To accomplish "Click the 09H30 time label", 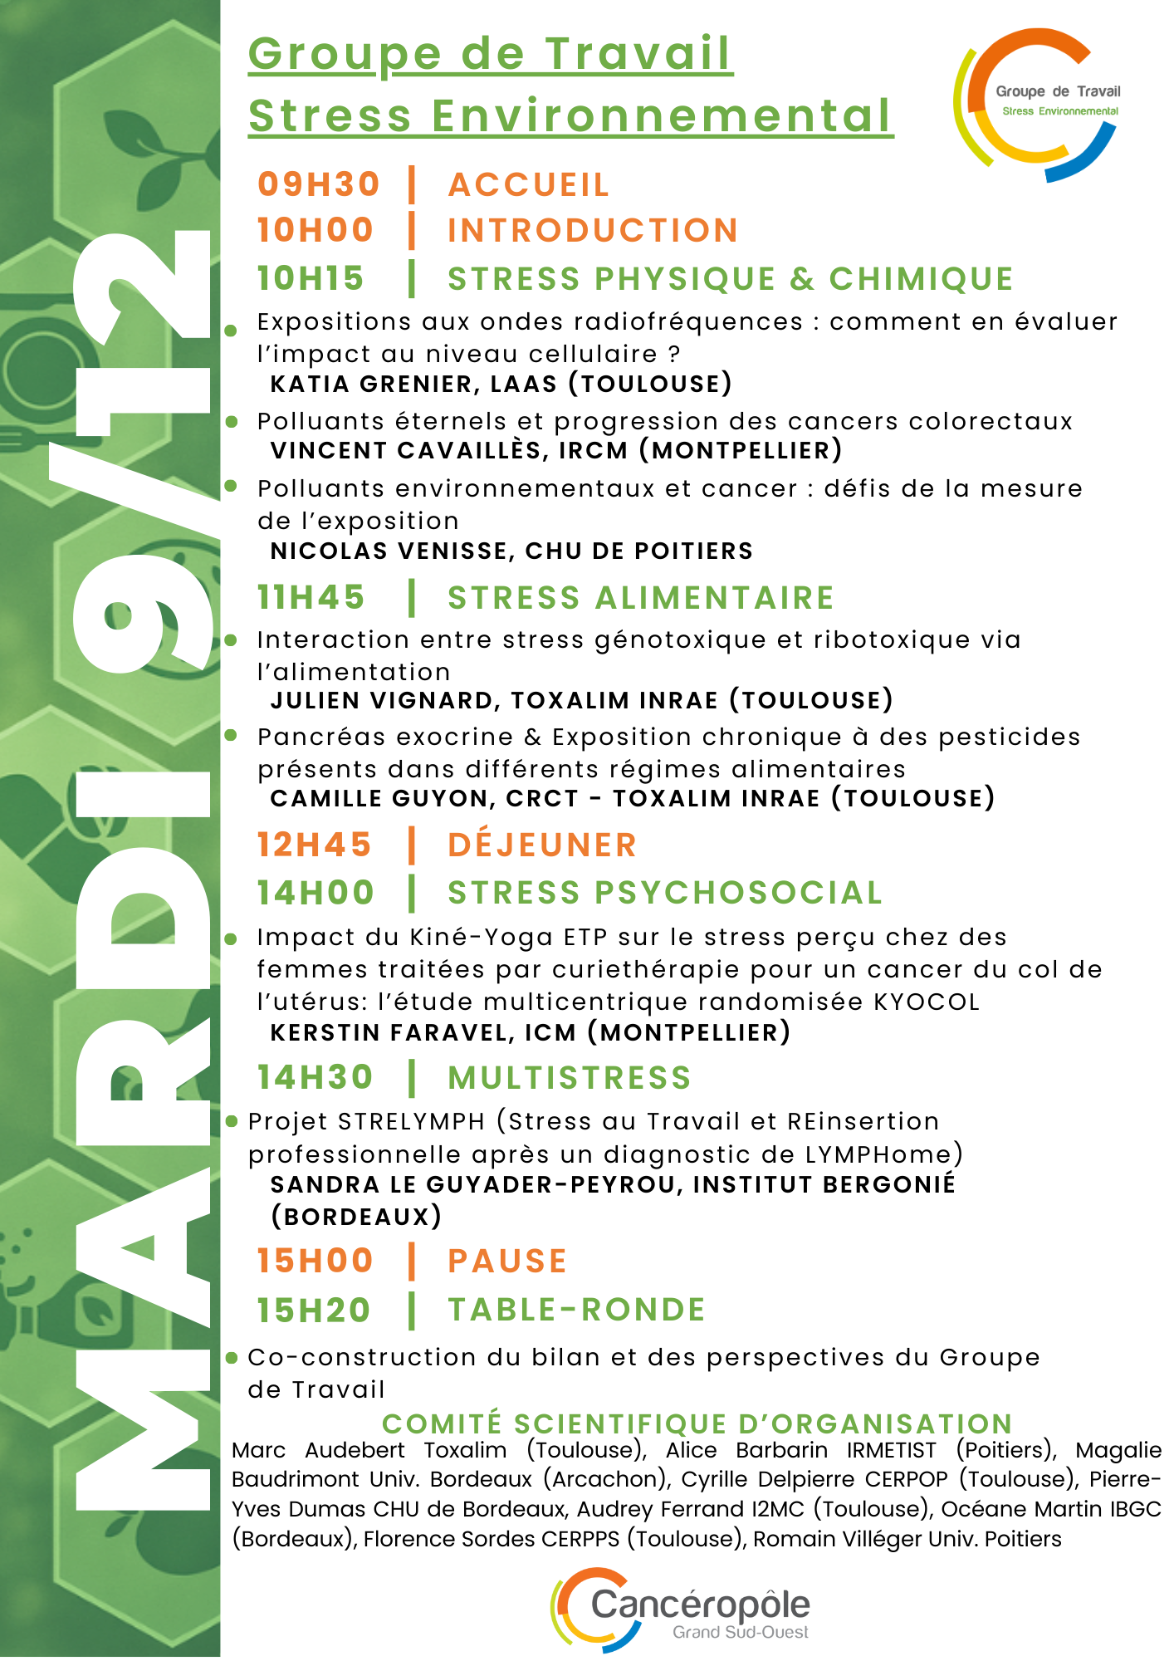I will pyautogui.click(x=319, y=184).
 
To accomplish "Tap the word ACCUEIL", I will pyautogui.click(x=529, y=185).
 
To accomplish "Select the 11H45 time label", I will pyautogui.click(x=311, y=597).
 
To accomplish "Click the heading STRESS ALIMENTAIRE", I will pyautogui.click(x=640, y=598).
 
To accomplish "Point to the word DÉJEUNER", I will pyautogui.click(x=542, y=845).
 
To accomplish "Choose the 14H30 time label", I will pyautogui.click(x=316, y=1077).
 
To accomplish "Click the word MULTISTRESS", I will pyautogui.click(x=570, y=1078).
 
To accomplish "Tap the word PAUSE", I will pyautogui.click(x=507, y=1261).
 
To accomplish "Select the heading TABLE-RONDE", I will pyautogui.click(x=576, y=1310).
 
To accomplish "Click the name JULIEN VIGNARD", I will pyautogui.click(x=381, y=700).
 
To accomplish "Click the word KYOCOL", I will pyautogui.click(x=927, y=1002).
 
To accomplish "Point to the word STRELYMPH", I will pyautogui.click(x=411, y=1121).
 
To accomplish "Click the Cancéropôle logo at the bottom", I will pyautogui.click(x=681, y=1610).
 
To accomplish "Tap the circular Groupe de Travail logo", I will pyautogui.click(x=1038, y=104).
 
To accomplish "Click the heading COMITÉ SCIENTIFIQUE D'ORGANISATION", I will pyautogui.click(x=697, y=1423).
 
